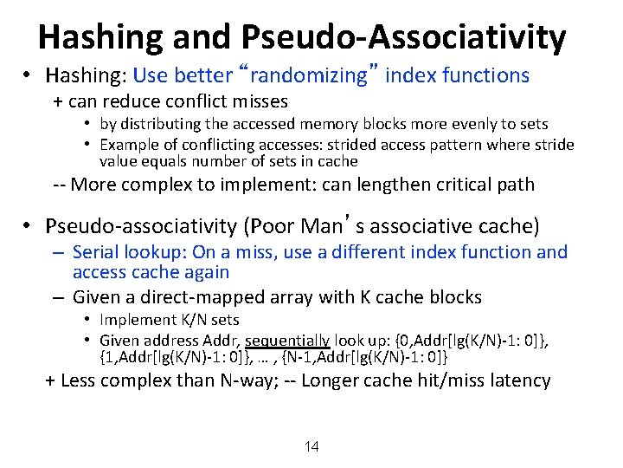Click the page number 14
tap(311, 447)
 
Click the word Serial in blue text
tap(100, 252)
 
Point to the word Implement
tap(134, 321)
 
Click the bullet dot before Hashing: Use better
tap(29, 75)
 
